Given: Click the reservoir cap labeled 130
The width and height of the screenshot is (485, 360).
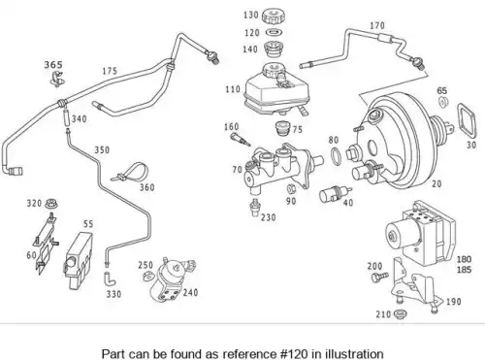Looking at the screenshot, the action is (274, 16).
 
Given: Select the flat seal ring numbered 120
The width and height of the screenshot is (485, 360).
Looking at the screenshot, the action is (275, 32).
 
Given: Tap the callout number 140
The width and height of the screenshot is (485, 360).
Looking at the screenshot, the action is (250, 49).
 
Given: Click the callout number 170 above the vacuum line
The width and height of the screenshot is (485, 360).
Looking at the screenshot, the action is (377, 25).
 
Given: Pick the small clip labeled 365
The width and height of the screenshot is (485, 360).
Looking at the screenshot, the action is (57, 80).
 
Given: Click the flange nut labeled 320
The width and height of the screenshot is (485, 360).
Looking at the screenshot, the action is (49, 204).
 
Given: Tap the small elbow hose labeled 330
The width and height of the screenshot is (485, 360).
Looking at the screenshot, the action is (110, 279).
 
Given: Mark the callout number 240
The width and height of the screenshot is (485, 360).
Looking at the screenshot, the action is (190, 292).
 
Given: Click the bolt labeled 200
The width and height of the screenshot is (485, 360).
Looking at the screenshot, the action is (379, 277).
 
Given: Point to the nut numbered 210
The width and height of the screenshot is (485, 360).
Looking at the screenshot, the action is (401, 313).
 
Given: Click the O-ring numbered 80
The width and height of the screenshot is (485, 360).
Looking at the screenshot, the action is (336, 155).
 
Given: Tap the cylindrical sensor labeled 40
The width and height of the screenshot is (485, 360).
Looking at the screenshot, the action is (335, 194).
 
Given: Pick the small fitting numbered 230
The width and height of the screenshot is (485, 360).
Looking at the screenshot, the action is (255, 208).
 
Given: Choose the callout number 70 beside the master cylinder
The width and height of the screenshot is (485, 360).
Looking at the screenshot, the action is (237, 169).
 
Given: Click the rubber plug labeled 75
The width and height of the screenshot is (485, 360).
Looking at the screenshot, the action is (282, 128).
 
